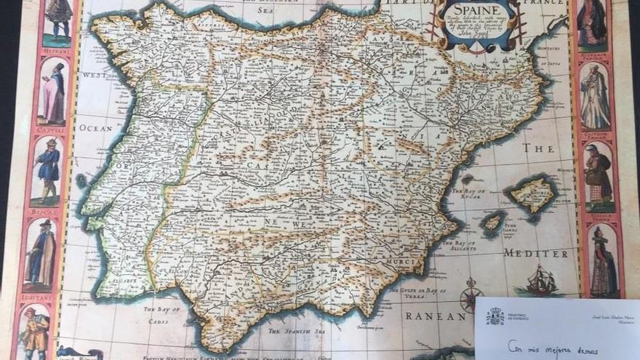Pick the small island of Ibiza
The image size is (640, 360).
[493, 222]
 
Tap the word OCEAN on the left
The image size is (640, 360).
[96, 128]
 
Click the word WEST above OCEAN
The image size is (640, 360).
[95, 75]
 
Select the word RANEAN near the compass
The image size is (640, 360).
[435, 316]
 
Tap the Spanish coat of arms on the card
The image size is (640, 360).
[495, 316]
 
